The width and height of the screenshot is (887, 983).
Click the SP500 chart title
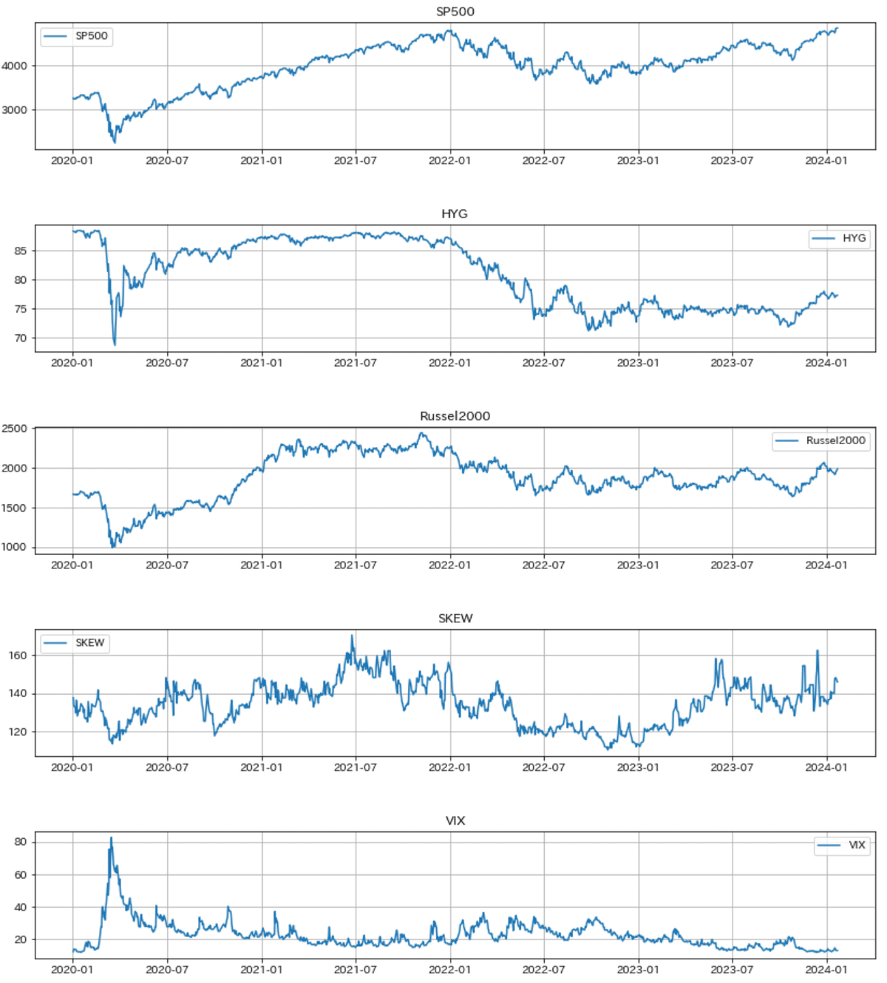click(x=455, y=11)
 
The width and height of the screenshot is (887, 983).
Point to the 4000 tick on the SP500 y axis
click(x=15, y=66)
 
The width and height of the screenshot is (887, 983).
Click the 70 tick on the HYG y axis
click(x=19, y=339)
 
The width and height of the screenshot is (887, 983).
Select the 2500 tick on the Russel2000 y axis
click(x=15, y=429)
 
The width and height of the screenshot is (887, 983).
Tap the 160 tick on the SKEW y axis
click(x=18, y=656)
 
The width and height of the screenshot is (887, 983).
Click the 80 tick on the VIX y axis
click(x=20, y=842)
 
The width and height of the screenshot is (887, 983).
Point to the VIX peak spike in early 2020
click(x=111, y=838)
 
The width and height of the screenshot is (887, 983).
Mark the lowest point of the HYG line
click(x=115, y=344)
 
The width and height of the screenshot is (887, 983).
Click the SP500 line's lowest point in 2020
click(x=115, y=142)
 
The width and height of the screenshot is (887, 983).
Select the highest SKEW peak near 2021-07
click(x=352, y=636)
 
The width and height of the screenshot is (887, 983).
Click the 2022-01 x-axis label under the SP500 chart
click(x=449, y=160)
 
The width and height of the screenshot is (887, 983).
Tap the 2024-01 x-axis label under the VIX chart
click(x=826, y=970)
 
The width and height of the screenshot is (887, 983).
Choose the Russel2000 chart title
click(x=455, y=416)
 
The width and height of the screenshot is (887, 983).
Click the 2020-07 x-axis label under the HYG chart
click(x=167, y=363)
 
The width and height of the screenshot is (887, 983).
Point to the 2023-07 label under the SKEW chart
click(x=732, y=767)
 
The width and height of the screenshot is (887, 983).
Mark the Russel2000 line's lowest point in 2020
click(x=113, y=547)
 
